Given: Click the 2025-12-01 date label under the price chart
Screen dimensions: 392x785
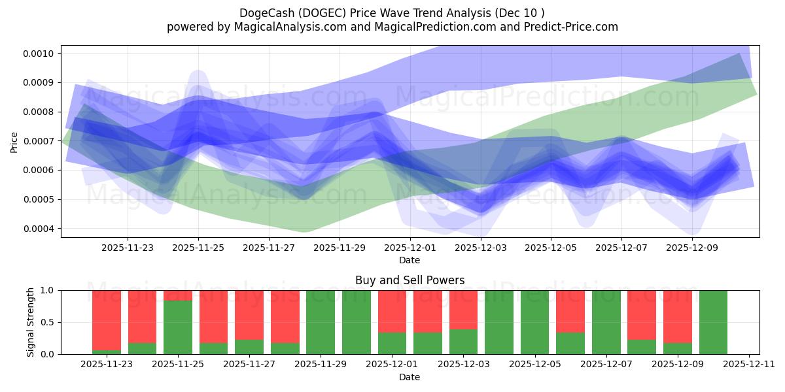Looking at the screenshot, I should click(410, 248).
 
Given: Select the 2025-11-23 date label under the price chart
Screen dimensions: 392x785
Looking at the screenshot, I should click(128, 248).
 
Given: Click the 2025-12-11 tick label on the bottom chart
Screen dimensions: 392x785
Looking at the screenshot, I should click(748, 365).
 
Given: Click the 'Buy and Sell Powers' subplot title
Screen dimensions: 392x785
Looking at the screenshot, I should click(410, 280).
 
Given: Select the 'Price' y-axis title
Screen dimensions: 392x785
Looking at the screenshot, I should click(14, 141).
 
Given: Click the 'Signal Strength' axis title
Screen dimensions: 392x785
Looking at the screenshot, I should click(31, 322).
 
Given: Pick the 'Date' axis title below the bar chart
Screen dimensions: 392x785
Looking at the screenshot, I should click(410, 377).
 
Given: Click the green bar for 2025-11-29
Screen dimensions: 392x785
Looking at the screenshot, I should click(321, 322).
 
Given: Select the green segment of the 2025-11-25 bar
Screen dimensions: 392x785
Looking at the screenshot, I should click(178, 327).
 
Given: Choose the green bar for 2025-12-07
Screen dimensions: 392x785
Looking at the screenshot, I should click(606, 322).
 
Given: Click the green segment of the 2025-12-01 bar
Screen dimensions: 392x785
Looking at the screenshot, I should click(392, 343).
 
